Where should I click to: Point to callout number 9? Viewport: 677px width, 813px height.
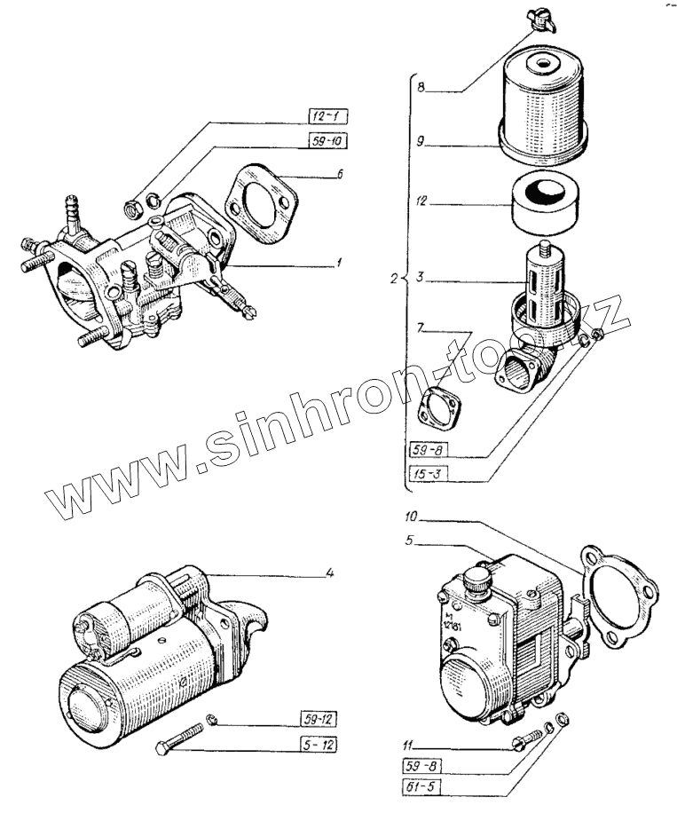(422, 140)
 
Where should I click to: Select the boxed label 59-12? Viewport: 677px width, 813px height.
(316, 718)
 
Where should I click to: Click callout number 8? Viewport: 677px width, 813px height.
(421, 88)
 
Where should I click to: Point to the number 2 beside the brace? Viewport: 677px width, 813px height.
(394, 279)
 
